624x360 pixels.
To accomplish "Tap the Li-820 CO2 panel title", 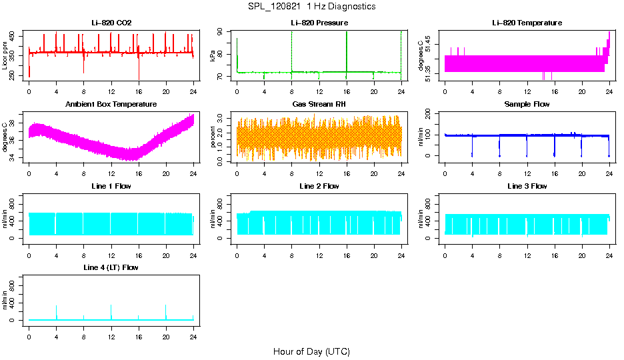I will point(111,23).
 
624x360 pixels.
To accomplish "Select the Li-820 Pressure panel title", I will point(319,23).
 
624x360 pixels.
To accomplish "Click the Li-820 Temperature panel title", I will point(527,23).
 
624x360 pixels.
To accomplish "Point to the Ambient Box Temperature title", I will point(111,105).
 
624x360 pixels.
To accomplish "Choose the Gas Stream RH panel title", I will point(319,105).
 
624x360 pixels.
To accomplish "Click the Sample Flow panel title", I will point(527,105).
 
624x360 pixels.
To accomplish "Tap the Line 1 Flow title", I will point(111,186).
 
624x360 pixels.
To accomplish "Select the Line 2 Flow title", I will point(319,186).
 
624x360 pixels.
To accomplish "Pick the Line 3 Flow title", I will point(527,186).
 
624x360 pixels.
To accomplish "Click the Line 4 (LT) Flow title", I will point(111,267).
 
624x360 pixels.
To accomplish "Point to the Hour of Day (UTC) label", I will point(311,351).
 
